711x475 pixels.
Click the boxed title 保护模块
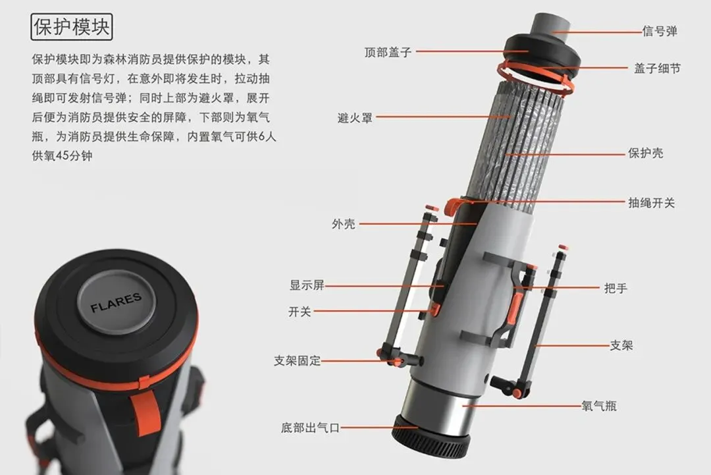click(72, 27)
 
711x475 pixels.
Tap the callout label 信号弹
click(660, 32)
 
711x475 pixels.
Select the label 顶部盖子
click(388, 52)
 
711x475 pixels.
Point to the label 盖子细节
click(658, 69)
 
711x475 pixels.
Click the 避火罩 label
click(355, 118)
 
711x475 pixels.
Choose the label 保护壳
click(646, 153)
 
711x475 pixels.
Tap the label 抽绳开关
click(652, 203)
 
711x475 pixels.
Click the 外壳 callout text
click(344, 224)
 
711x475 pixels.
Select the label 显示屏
click(307, 285)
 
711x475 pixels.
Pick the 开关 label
click(300, 312)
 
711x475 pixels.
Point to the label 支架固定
click(297, 360)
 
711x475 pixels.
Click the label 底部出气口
click(310, 428)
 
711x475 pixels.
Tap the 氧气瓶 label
click(599, 406)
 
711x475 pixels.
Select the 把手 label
click(616, 288)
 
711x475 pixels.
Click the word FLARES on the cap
click(116, 302)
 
